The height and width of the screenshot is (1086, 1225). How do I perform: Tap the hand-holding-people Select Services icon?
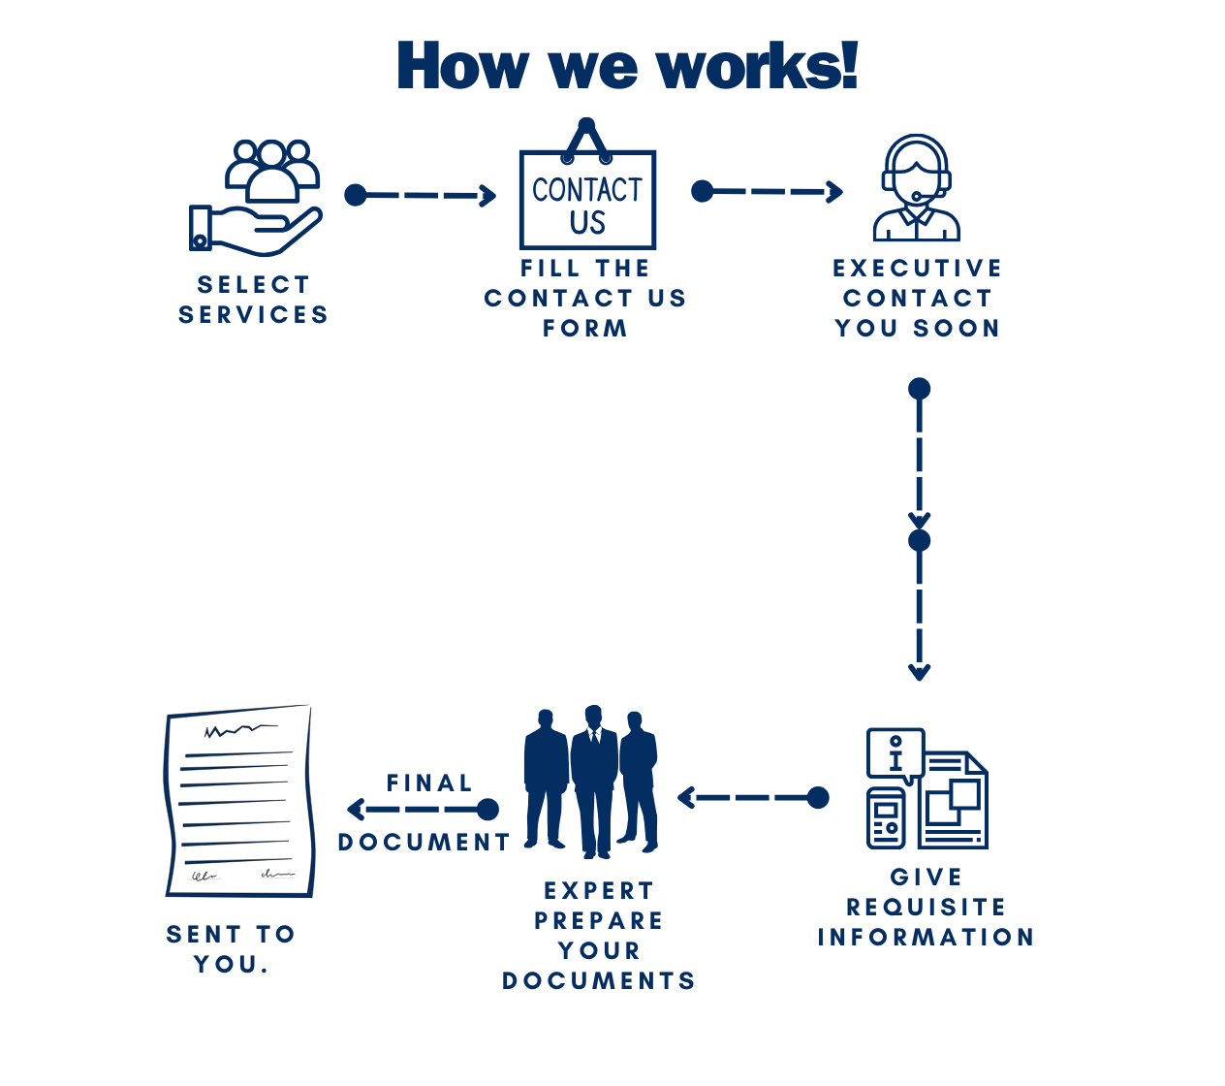tap(256, 198)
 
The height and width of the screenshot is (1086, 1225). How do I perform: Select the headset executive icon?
tap(916, 188)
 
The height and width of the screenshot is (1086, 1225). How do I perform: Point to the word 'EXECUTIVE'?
tap(917, 269)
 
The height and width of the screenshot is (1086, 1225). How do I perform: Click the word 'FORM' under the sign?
tap(585, 329)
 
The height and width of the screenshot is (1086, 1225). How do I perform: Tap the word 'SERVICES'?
tap(253, 315)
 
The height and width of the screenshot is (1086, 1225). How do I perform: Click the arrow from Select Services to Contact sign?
tap(421, 196)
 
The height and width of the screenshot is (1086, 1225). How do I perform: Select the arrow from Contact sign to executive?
tap(767, 192)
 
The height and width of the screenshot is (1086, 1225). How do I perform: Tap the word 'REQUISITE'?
tap(927, 908)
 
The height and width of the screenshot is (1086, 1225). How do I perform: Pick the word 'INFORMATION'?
tap(927, 938)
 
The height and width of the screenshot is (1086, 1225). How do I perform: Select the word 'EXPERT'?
tap(599, 891)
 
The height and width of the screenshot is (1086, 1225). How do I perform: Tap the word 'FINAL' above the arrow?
tap(429, 783)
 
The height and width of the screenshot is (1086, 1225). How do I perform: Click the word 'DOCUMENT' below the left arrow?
tap(424, 843)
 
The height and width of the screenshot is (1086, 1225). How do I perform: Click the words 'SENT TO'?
tap(231, 935)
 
